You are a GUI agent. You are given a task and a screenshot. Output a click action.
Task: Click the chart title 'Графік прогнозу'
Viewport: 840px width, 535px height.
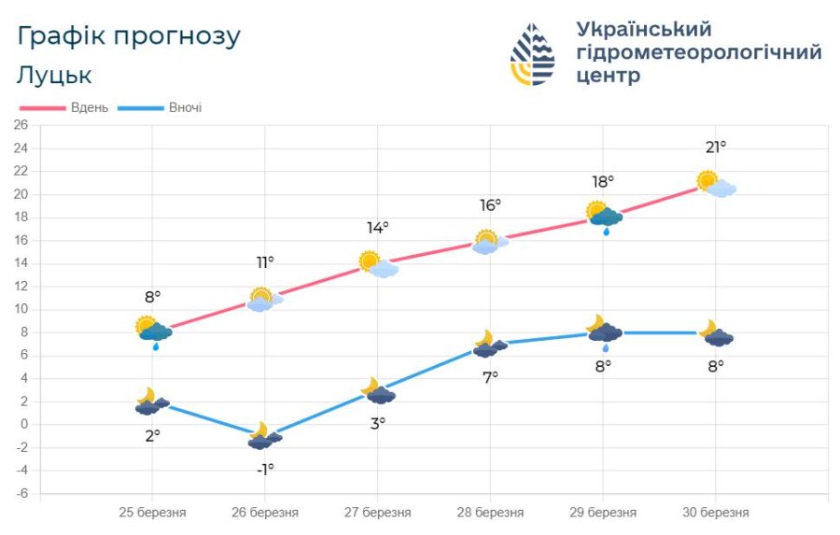pyautogui.click(x=129, y=36)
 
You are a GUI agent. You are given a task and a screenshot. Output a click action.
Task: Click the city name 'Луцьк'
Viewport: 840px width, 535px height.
pyautogui.click(x=54, y=75)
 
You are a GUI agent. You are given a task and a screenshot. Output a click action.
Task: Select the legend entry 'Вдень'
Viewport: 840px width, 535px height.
pyautogui.click(x=89, y=107)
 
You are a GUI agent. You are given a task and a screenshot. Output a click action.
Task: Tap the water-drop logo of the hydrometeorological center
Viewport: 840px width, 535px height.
pyautogui.click(x=532, y=54)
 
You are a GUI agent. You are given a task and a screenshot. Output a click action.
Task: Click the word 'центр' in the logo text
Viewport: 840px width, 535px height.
pyautogui.click(x=609, y=76)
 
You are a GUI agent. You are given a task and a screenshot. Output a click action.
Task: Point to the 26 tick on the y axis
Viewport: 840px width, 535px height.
pyautogui.click(x=21, y=125)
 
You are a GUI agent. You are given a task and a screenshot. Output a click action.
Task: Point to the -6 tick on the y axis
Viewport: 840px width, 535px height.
pyautogui.click(x=21, y=493)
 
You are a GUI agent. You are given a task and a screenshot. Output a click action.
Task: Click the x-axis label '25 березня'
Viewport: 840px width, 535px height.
pyautogui.click(x=152, y=513)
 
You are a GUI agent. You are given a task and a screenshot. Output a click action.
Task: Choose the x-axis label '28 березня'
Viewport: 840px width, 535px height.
pyautogui.click(x=490, y=513)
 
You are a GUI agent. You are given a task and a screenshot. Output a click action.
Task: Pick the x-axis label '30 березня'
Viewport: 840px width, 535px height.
pyautogui.click(x=715, y=513)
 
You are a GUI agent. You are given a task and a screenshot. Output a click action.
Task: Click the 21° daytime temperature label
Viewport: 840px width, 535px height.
pyautogui.click(x=716, y=147)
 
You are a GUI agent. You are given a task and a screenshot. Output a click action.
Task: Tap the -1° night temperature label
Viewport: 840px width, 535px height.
pyautogui.click(x=265, y=469)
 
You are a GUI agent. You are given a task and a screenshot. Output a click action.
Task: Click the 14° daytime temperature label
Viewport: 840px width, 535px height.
pyautogui.click(x=377, y=227)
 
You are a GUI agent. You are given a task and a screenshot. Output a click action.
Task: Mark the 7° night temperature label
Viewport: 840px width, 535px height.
pyautogui.click(x=490, y=376)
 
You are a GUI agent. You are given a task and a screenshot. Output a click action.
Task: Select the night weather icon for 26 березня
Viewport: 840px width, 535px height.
pyautogui.click(x=264, y=436)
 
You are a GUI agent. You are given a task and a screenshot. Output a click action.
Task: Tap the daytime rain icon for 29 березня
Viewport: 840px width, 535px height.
pyautogui.click(x=605, y=217)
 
